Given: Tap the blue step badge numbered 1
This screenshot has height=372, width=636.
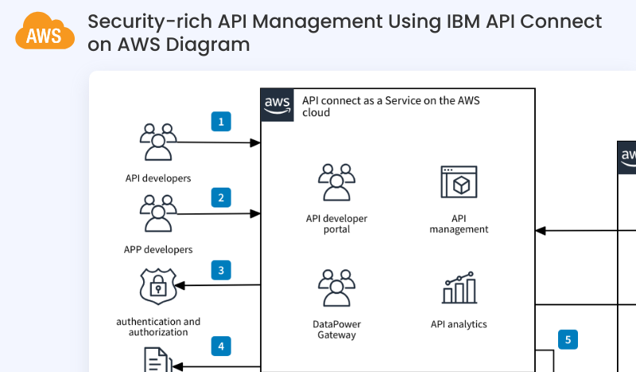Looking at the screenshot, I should (x=221, y=121).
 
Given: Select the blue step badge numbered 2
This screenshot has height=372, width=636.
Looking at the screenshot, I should (x=221, y=197).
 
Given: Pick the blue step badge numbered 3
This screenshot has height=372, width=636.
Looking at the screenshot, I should (x=221, y=270).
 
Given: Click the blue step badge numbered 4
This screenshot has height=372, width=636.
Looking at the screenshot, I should (x=221, y=346).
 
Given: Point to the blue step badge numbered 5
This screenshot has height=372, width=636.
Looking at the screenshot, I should (x=568, y=339).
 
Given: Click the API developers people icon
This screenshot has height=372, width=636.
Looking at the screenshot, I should (x=158, y=142).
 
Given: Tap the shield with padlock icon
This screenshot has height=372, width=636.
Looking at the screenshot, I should (x=158, y=285).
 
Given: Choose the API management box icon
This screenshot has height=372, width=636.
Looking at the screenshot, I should (x=459, y=183).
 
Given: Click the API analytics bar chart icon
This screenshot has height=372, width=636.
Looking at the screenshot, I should (x=459, y=288).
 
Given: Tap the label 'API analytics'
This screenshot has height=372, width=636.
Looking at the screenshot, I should (x=459, y=324).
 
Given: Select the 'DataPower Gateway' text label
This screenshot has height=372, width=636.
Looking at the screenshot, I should (x=336, y=330).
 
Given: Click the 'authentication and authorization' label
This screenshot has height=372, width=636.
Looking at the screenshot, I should (x=158, y=327).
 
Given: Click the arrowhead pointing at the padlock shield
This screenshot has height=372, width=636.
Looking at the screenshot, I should (x=181, y=285).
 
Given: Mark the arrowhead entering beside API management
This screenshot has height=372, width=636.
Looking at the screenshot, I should (x=541, y=231).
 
